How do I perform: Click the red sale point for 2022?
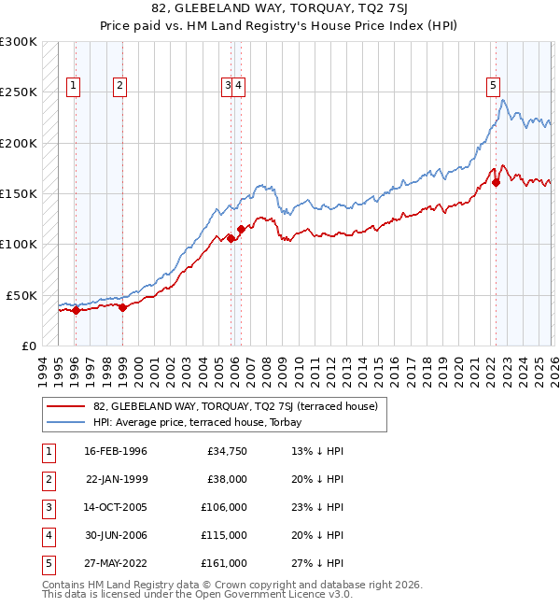coord(496,183)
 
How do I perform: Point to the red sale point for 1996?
coord(75,310)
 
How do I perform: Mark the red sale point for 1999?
coord(122,307)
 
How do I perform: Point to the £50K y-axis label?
coord(21,295)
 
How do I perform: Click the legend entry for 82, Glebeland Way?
coord(234,406)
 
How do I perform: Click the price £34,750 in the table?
coord(224,451)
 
